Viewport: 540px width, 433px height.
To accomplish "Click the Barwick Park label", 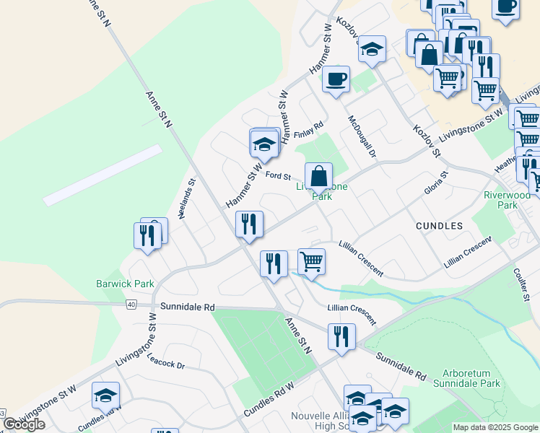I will pos(126,284).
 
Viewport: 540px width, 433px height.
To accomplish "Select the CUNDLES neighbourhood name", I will pos(439,226).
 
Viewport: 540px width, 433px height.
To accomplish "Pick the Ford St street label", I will pos(277,175).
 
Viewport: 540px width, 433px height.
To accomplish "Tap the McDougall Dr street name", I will pos(362,136).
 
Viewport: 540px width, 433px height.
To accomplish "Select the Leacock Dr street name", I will pos(166,361).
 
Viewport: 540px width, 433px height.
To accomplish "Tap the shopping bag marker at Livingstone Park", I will pos(318,175).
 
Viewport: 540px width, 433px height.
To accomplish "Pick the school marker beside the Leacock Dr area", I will pos(105,395).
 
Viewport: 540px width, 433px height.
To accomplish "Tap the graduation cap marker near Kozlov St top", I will pos(372,48).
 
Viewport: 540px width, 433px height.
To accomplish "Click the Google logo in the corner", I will pos(24,424).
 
